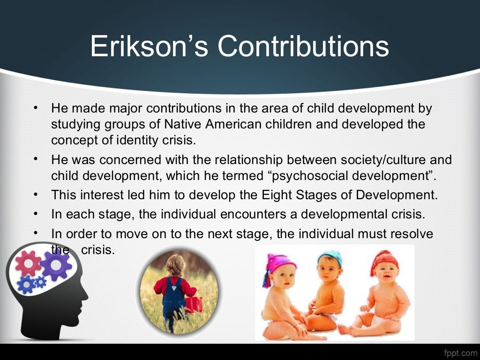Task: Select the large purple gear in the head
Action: (x=55, y=265)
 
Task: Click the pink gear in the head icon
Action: (x=28, y=262)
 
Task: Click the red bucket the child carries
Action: (x=194, y=304)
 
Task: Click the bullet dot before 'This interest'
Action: (x=35, y=195)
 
